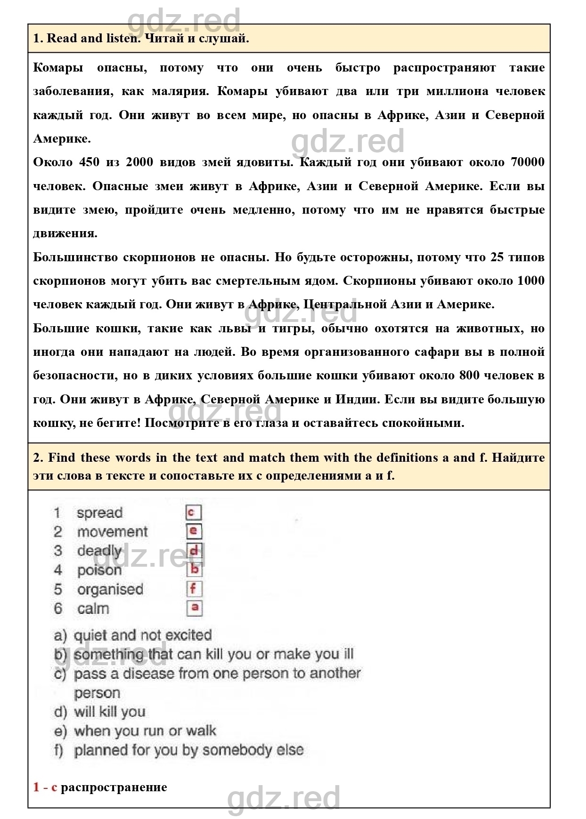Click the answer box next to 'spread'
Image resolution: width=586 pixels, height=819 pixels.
(x=193, y=513)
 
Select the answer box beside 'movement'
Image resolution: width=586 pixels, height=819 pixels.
(x=194, y=531)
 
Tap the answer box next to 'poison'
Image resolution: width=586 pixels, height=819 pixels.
(x=194, y=570)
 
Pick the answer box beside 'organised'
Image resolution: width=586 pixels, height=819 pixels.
(x=194, y=589)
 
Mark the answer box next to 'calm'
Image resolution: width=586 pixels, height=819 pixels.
(x=194, y=608)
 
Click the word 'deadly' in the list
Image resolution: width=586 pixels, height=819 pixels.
(x=99, y=551)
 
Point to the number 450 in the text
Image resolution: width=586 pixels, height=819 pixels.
(x=89, y=162)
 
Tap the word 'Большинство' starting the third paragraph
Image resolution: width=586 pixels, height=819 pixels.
(x=75, y=257)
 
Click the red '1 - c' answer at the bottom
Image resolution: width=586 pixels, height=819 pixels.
(x=45, y=787)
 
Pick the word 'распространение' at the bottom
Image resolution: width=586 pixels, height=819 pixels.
(x=114, y=787)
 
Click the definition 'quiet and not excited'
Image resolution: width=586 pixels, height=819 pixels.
(x=143, y=635)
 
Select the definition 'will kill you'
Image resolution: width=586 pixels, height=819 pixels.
(x=109, y=712)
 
